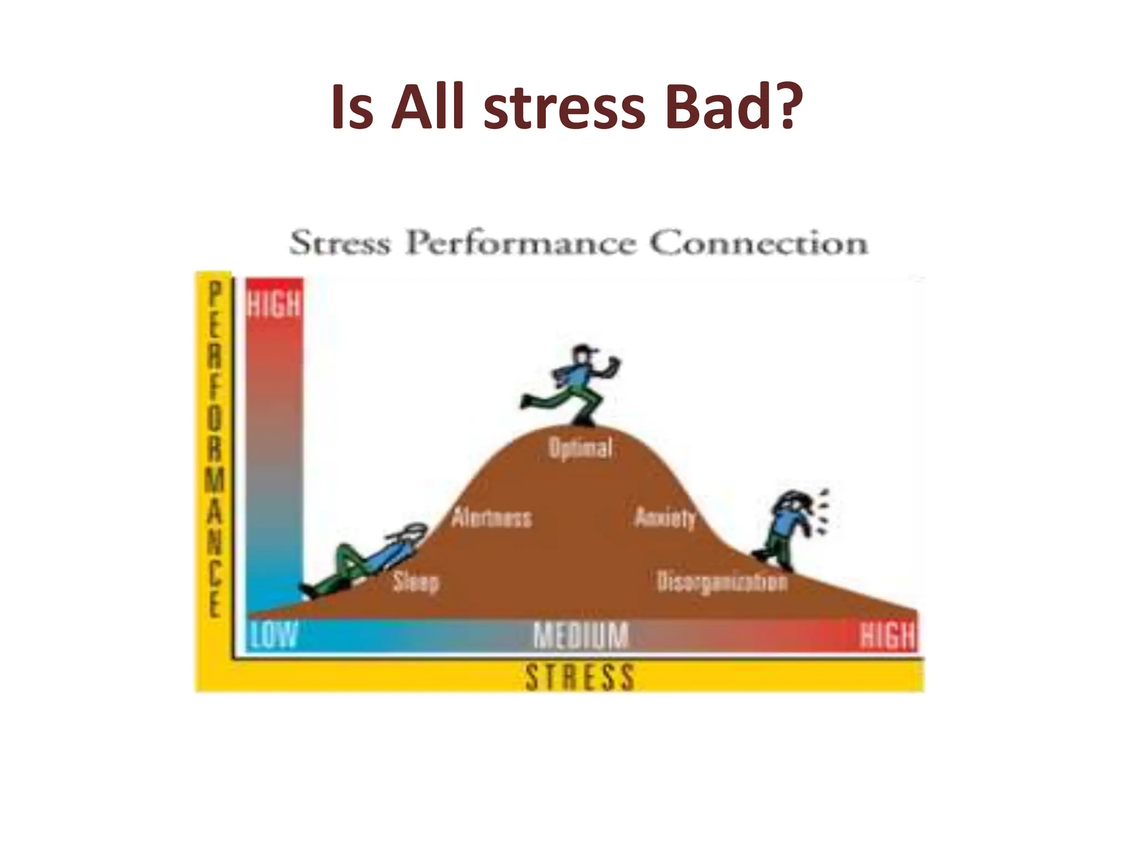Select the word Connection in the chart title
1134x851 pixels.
[x=758, y=243]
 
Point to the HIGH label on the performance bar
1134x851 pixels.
[x=274, y=304]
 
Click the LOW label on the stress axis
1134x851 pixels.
[x=274, y=635]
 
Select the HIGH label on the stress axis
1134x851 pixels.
[x=887, y=635]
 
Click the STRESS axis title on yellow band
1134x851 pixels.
[x=580, y=677]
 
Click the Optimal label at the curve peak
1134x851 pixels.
[x=580, y=448]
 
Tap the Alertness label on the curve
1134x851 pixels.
[x=492, y=518]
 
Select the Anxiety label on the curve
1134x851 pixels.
[x=665, y=518]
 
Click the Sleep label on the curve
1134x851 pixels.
[x=416, y=582]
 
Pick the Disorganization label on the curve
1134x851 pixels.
[x=721, y=582]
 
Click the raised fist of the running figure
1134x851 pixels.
[x=613, y=365]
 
